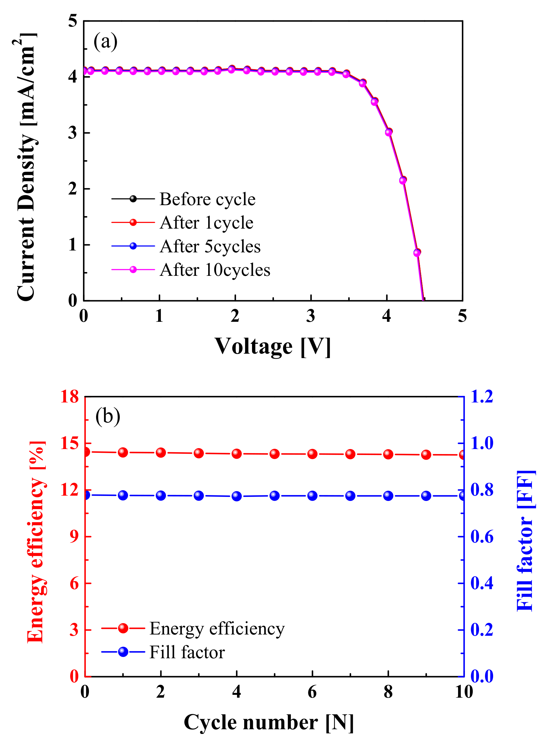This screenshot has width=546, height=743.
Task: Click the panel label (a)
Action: click(x=105, y=42)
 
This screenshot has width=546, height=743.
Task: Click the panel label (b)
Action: click(x=107, y=416)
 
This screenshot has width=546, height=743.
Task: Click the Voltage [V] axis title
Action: click(x=273, y=346)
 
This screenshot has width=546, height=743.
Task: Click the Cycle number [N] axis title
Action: click(x=269, y=722)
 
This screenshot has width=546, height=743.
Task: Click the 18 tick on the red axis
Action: click(x=70, y=397)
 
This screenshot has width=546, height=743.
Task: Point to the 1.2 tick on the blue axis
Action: click(x=482, y=397)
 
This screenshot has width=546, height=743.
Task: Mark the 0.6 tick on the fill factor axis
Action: click(x=482, y=537)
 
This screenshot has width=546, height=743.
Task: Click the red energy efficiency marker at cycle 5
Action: click(x=275, y=454)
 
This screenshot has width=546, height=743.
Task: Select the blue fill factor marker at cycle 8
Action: click(x=388, y=495)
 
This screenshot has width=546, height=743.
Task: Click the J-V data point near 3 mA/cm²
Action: click(x=389, y=132)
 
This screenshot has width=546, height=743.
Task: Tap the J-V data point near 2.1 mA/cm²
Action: click(x=403, y=180)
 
